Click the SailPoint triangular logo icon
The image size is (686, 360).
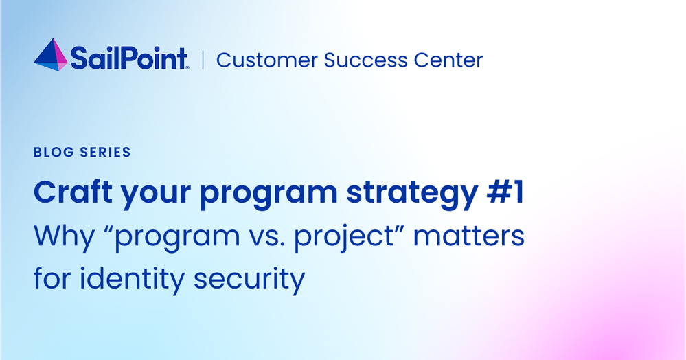pyautogui.click(x=51, y=55)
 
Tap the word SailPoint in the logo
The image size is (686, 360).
pyautogui.click(x=130, y=58)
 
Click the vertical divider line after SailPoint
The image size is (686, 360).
pyautogui.click(x=203, y=60)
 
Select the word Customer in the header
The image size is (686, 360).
pyautogui.click(x=267, y=60)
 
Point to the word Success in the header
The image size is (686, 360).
pyautogui.click(x=366, y=60)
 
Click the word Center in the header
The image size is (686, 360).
pyautogui.click(x=448, y=60)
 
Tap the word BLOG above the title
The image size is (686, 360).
pyautogui.click(x=54, y=152)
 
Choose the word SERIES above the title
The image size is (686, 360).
pyautogui.click(x=106, y=152)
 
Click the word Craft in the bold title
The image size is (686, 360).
pyautogui.click(x=73, y=192)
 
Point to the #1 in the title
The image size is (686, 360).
pyautogui.click(x=505, y=192)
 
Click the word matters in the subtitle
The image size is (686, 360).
pyautogui.click(x=468, y=236)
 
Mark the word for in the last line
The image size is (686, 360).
pyautogui.click(x=52, y=278)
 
